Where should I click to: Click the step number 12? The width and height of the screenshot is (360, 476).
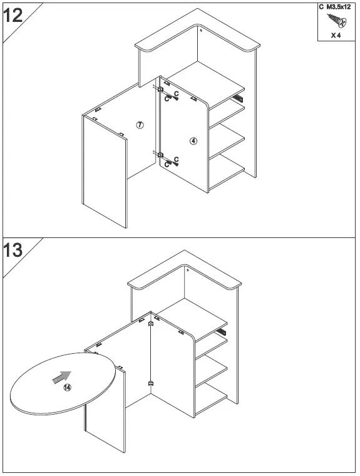pos(13,14)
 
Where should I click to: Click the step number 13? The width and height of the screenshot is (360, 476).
pos(13,251)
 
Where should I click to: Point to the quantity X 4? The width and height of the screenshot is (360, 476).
pos(336,36)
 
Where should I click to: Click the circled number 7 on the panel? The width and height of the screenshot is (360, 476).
pos(140,125)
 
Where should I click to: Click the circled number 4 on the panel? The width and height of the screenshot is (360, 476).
pos(193,141)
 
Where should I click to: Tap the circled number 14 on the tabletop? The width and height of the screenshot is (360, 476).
pos(68,388)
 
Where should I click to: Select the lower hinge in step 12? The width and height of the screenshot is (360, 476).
pos(160,155)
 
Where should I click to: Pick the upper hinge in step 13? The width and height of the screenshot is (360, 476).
pos(151,324)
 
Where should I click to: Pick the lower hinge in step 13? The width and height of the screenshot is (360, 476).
pos(150,382)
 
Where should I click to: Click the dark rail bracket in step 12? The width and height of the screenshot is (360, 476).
pos(237,98)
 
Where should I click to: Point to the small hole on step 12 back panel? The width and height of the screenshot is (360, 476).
pos(200,29)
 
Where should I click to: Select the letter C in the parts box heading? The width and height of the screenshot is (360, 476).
pos(321,7)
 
